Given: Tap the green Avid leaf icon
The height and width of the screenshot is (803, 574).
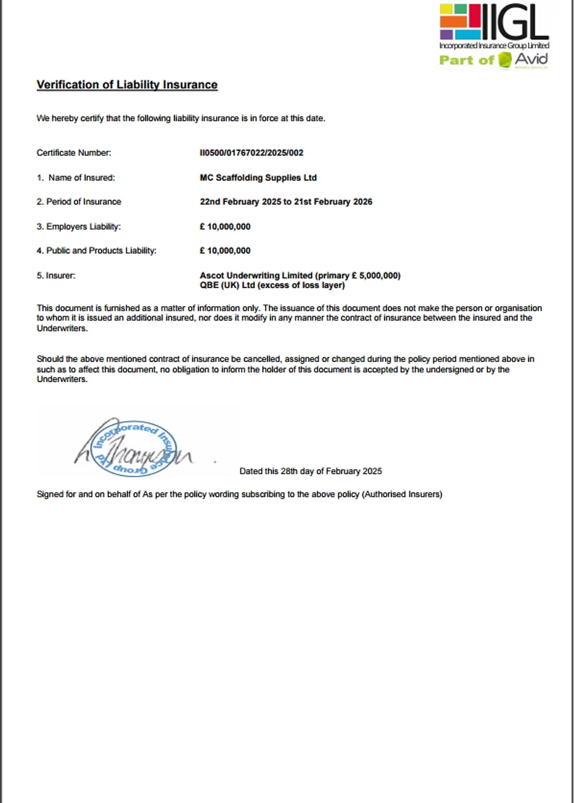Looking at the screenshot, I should point(505,60).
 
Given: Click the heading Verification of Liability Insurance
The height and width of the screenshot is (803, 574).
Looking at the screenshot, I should point(127,85).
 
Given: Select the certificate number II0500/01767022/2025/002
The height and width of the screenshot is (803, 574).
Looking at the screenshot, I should point(251,153).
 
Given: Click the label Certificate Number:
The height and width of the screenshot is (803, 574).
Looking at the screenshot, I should point(74,153).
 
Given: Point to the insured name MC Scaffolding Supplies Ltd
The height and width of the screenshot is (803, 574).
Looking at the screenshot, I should point(258,178).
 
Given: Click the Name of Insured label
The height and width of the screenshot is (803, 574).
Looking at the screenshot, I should point(82,178).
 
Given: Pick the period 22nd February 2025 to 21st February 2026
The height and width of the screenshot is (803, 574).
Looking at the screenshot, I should point(286,202).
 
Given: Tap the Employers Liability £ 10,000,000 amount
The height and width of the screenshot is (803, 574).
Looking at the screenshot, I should point(225,227).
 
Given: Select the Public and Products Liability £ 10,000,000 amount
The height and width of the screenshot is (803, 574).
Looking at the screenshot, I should point(225,251).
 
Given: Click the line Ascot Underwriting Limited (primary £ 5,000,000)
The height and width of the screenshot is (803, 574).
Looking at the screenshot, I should point(300,275).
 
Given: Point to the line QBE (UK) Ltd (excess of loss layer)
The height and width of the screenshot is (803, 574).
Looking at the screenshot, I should point(272,285).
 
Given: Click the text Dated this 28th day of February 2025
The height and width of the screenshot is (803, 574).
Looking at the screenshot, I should point(311,471).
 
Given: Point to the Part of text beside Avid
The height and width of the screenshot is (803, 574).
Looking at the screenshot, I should point(466,60).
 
